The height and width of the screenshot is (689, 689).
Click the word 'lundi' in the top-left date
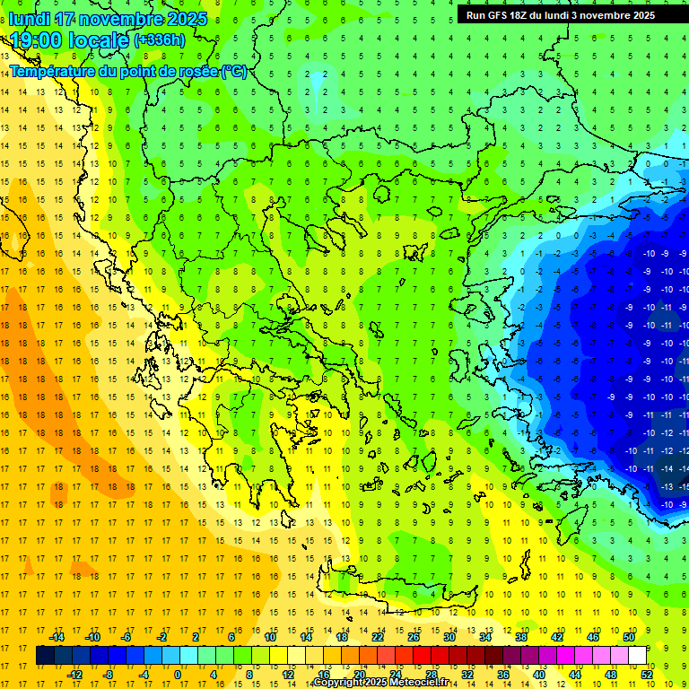click(x=31, y=19)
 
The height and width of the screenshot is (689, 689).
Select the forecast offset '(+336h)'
click(x=160, y=39)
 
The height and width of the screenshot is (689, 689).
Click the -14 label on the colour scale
click(x=57, y=637)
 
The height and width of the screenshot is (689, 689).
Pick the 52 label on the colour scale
click(x=647, y=675)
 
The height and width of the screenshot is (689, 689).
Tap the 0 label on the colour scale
click(x=177, y=675)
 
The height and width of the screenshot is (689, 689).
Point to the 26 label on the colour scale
click(x=414, y=637)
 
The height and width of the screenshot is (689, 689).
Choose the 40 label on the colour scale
click(x=538, y=675)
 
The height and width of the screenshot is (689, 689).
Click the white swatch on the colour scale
click(x=638, y=656)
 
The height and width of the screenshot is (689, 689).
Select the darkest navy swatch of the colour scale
click(x=45, y=656)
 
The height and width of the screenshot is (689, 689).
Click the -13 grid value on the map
click(x=665, y=485)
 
